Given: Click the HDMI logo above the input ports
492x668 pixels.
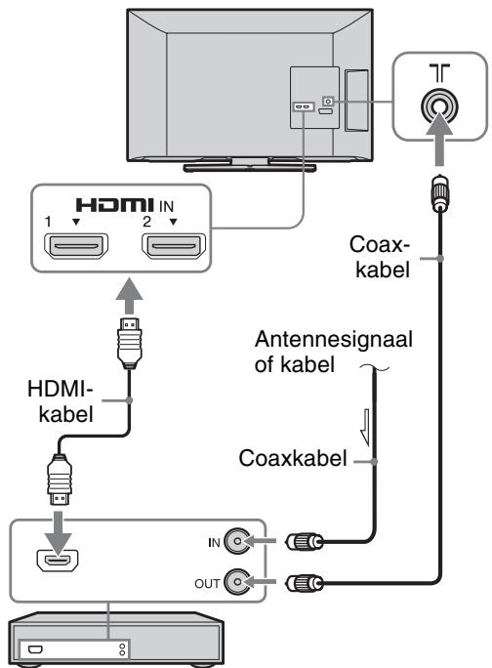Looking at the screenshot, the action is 114,205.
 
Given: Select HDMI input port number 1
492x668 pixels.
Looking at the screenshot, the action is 76,246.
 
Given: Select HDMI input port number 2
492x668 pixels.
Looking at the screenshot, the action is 174,246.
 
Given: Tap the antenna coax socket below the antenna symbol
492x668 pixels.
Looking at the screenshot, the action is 439,105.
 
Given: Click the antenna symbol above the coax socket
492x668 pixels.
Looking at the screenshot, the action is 439,73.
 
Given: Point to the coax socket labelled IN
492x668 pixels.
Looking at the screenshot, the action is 237,541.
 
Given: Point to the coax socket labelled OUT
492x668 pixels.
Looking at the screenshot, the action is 237,582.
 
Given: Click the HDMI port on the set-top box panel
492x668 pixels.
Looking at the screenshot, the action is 58,560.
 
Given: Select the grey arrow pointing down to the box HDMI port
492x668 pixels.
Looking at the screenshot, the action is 59,530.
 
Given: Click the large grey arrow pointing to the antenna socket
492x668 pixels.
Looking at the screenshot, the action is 439,138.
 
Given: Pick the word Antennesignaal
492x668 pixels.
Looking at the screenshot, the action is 334,340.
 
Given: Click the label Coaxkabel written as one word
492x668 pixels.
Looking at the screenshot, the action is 293,458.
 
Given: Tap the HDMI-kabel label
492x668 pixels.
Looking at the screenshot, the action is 63,401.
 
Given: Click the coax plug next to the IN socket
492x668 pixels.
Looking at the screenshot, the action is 305,542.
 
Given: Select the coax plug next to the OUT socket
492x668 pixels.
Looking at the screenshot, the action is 305,583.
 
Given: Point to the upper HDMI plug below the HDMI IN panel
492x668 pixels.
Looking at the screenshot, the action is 129,343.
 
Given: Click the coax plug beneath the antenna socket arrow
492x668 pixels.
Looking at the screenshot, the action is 440,193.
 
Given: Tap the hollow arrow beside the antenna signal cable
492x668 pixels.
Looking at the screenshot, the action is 365,428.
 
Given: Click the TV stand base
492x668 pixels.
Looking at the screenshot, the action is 250,167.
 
